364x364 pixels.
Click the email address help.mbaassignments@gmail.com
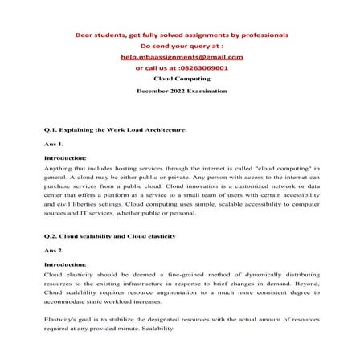(x=182, y=58)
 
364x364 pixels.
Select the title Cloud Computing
(x=182, y=80)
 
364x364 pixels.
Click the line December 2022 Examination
(x=182, y=92)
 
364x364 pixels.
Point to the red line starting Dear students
(x=182, y=35)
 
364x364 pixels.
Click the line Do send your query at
(x=182, y=47)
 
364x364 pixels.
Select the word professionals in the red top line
(x=261, y=35)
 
